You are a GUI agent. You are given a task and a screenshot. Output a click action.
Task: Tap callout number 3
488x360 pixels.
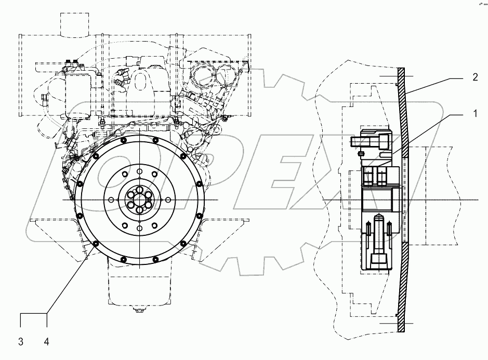pos(21,341)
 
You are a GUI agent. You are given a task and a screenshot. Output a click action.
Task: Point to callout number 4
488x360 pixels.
pos(47,341)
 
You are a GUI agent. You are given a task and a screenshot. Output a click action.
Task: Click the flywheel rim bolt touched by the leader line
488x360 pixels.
pos(96,243)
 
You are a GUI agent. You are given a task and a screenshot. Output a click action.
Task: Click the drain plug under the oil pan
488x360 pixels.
pos(139,311)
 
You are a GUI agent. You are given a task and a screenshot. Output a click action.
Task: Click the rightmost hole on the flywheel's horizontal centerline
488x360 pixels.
pos(168,200)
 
